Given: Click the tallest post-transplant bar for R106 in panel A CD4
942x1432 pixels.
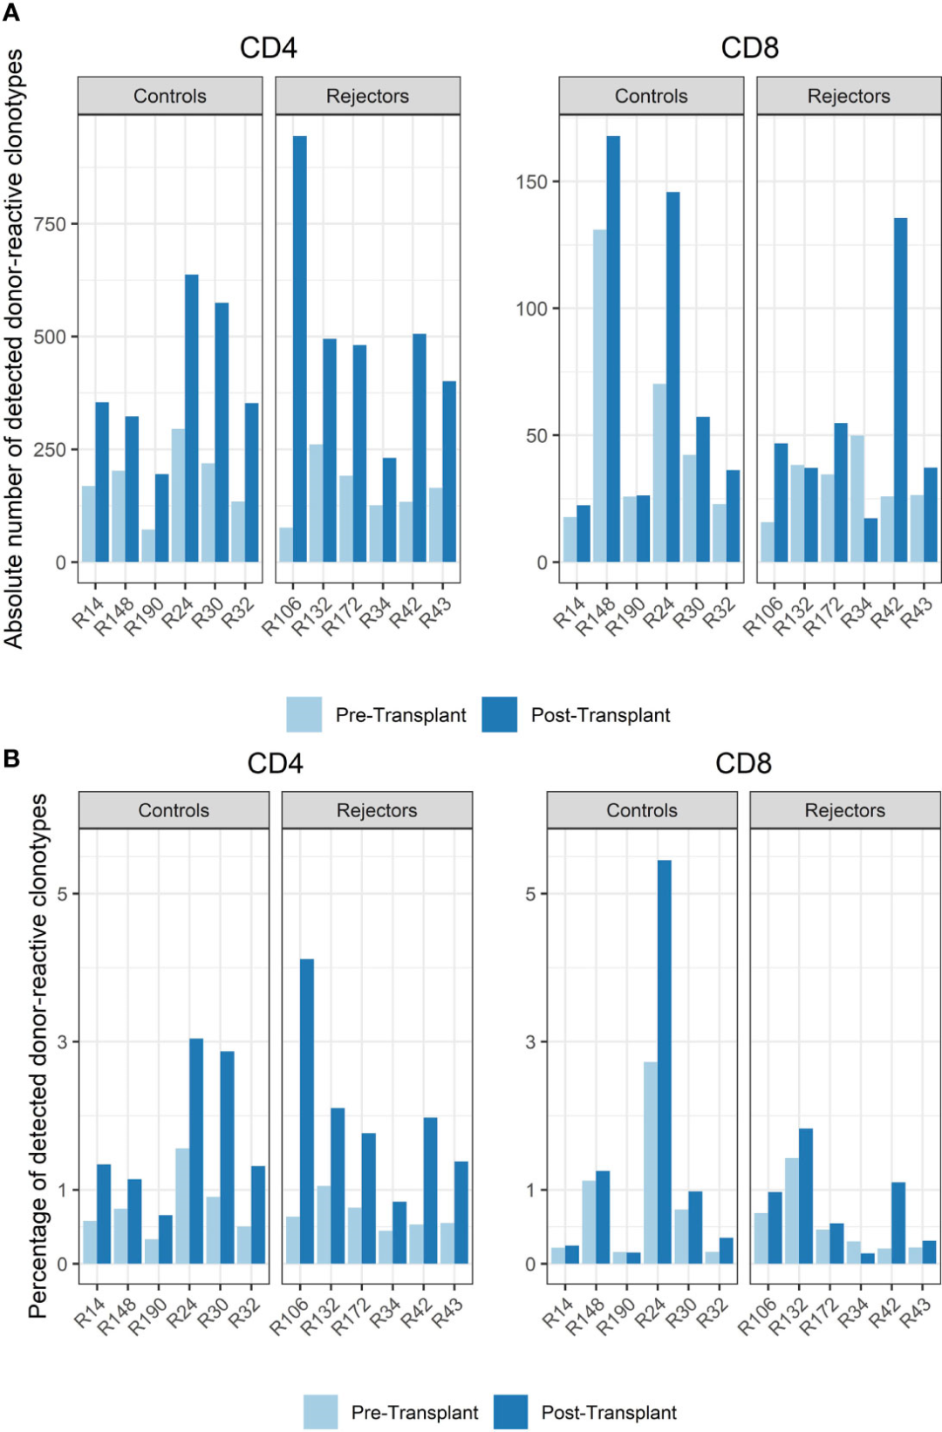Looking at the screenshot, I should tap(299, 349).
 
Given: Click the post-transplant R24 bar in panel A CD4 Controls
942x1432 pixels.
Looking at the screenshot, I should tap(191, 419).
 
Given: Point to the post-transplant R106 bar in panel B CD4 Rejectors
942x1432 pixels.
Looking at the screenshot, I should tap(307, 1111).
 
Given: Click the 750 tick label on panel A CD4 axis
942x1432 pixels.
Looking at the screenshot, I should tap(50, 224).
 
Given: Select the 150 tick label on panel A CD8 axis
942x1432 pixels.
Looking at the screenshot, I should tap(531, 182).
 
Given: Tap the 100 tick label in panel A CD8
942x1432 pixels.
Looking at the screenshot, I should tap(531, 309).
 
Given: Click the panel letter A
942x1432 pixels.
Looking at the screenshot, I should tap(11, 12).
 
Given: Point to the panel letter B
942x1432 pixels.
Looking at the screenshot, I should tap(11, 758).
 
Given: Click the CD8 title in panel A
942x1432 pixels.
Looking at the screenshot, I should tap(749, 48).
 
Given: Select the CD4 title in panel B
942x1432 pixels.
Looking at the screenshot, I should tap(275, 763).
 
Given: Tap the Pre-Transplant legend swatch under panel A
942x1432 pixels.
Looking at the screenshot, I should tap(304, 714).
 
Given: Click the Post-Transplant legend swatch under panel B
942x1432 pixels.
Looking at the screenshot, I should tap(510, 1412).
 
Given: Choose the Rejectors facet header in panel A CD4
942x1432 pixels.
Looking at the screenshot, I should tap(367, 96).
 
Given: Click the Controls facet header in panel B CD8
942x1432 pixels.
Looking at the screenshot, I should tap(641, 810).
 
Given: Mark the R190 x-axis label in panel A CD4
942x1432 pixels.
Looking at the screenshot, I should tap(145, 616).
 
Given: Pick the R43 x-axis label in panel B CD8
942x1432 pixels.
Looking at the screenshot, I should tap(916, 1313).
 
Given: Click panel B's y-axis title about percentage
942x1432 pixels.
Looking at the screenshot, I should tap(38, 1055).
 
